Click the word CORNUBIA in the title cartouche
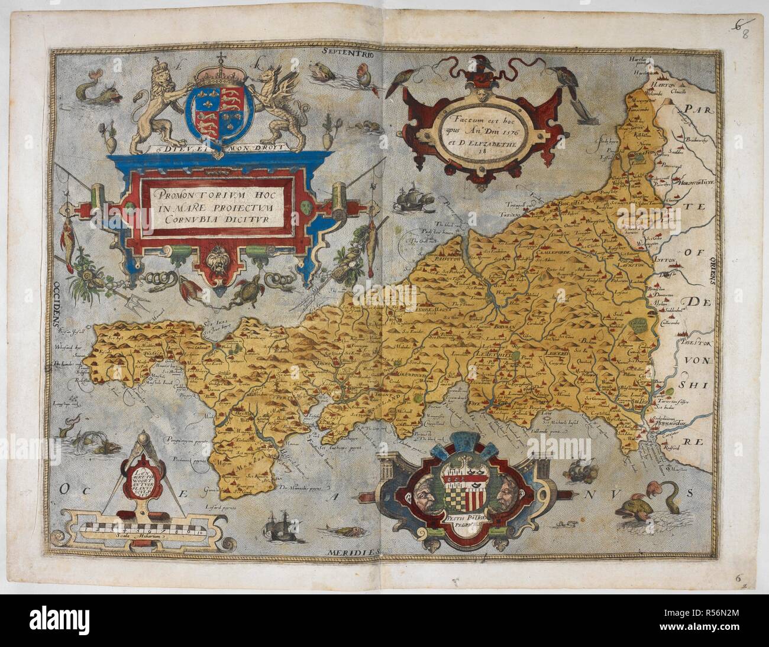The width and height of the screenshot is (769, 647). (x=178, y=217)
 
